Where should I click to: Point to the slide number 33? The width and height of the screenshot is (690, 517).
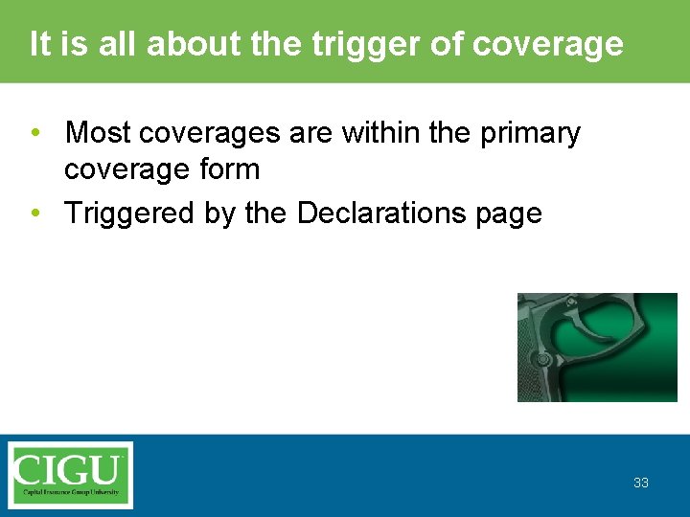[x=640, y=483]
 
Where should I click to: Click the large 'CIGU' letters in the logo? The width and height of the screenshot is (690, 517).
[x=70, y=469]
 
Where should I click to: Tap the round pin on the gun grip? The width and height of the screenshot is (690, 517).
[x=542, y=359]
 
